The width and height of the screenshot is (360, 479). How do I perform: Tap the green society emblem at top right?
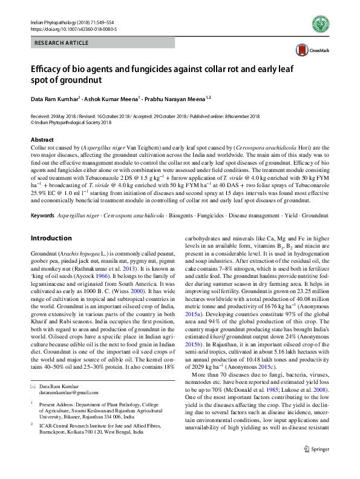point(320,24)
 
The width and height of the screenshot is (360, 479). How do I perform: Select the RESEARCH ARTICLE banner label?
point(61,44)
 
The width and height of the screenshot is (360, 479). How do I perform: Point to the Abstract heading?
point(42,139)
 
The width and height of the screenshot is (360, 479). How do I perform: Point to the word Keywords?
point(42,216)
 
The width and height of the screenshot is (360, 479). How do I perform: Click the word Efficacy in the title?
point(50,69)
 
